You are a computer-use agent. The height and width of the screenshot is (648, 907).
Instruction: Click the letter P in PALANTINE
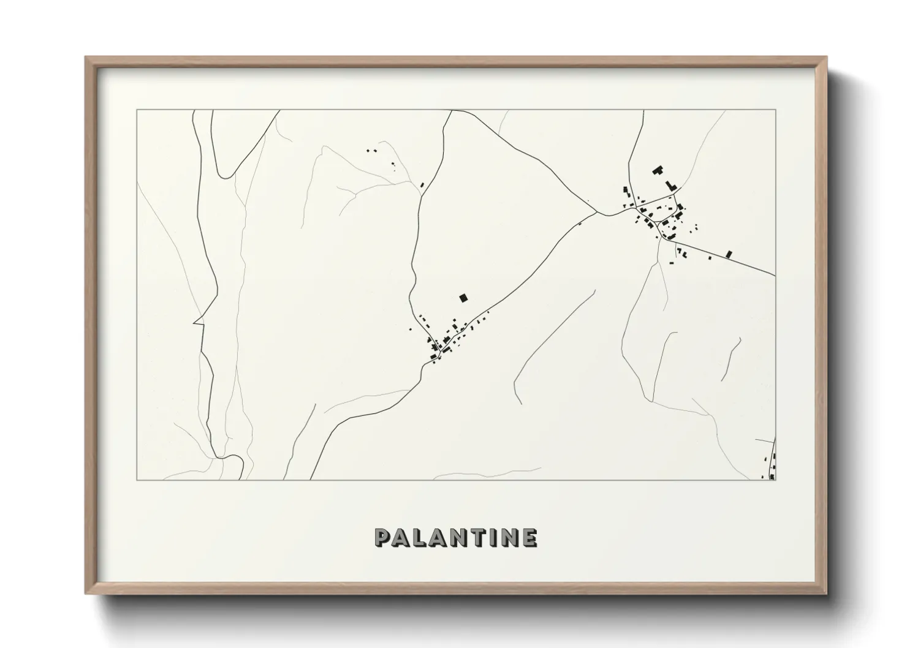382,538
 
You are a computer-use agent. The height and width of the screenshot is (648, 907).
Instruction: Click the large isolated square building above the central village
463,298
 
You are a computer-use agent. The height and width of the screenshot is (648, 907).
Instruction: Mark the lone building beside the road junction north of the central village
422,184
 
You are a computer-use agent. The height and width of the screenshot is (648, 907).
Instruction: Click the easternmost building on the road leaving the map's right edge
729,254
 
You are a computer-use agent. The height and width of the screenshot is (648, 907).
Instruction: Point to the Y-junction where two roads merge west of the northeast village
598,213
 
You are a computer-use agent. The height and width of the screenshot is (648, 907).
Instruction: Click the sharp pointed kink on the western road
195,321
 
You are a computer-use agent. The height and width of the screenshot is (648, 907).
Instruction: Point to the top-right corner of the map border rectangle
775,110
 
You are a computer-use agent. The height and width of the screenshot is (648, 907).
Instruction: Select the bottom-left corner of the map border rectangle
137,480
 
